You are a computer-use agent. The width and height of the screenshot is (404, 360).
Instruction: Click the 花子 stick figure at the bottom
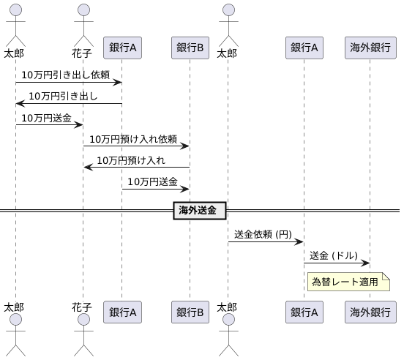(x=83, y=330)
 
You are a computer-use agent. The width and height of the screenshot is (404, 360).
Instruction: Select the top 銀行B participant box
(x=190, y=48)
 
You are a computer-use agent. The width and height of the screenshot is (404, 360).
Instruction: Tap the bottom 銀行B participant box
(x=190, y=312)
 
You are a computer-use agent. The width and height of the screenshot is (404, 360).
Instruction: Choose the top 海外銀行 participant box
(x=370, y=48)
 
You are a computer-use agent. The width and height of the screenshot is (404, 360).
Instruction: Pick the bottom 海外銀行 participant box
(x=370, y=312)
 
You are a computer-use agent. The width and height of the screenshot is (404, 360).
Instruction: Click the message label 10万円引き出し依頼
(x=65, y=75)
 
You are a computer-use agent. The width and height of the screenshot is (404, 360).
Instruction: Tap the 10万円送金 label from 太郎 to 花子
(x=46, y=117)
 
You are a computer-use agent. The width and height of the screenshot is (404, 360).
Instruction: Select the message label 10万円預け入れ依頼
(x=133, y=138)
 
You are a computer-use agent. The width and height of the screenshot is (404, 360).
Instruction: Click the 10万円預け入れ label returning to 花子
(x=131, y=160)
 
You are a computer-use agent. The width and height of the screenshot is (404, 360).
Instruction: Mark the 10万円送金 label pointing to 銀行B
(x=152, y=181)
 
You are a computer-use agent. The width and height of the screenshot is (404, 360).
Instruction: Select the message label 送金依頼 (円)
(x=263, y=234)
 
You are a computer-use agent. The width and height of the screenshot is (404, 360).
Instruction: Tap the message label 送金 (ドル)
(x=334, y=255)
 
